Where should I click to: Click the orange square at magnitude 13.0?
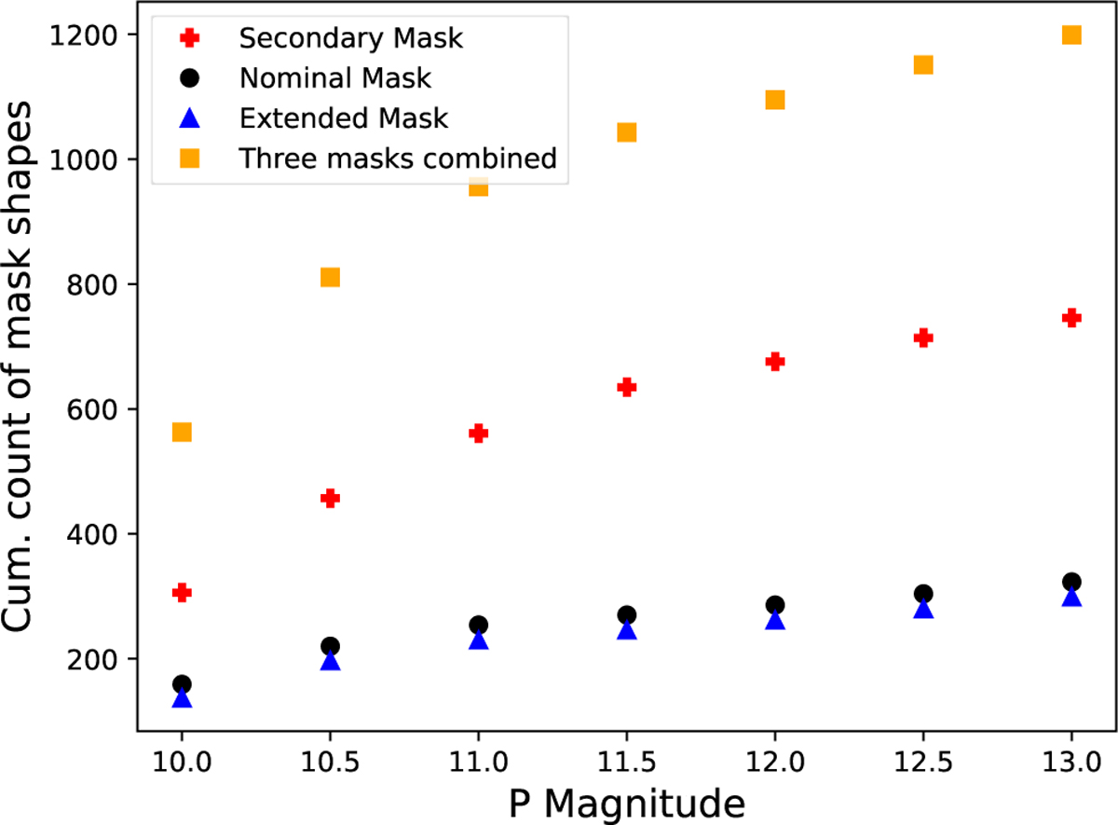coord(1071,34)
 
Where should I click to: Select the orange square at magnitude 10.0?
coord(182,432)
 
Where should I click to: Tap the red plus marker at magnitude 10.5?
coord(330,498)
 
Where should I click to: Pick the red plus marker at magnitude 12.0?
coord(775,361)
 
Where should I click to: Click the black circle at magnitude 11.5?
coord(627,614)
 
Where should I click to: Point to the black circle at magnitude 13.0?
coord(1071,582)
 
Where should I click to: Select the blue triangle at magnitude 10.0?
coord(182,698)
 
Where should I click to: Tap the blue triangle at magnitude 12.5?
coord(923,609)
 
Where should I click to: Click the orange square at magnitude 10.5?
coord(330,277)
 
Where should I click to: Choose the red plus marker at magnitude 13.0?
coord(1071,318)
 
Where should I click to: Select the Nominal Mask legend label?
coord(335,78)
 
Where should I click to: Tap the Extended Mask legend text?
coord(344,118)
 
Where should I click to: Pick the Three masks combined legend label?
coord(398,158)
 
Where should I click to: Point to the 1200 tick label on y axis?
coord(89,35)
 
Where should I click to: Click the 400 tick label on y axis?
coord(97,534)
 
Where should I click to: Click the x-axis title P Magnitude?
coord(626,801)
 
